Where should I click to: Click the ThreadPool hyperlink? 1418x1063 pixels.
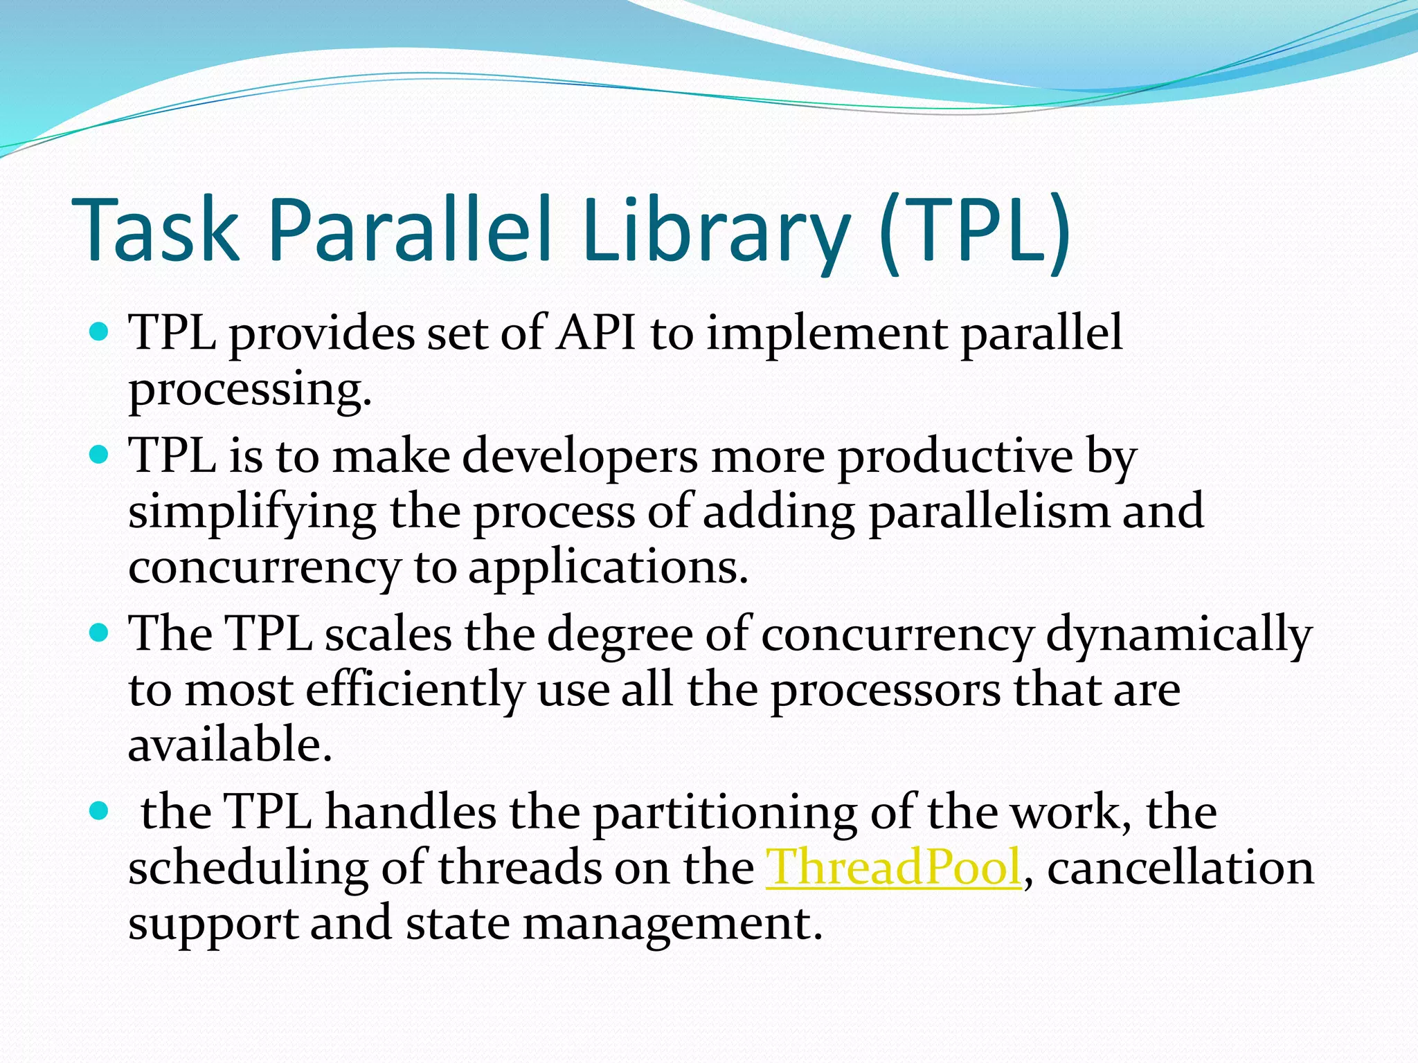coord(893,867)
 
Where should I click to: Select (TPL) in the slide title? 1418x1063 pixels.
coord(975,230)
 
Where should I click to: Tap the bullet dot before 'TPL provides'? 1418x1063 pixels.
coord(100,332)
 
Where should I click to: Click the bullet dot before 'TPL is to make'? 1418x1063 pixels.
coord(100,455)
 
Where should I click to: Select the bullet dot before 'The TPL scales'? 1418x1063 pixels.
coord(100,633)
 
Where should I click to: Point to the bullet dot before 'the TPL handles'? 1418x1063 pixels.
coord(100,810)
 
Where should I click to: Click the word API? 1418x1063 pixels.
coord(595,333)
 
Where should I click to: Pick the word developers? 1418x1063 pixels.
coord(580,457)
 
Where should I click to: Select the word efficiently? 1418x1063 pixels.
coord(415,690)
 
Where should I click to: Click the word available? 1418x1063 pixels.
coord(230,745)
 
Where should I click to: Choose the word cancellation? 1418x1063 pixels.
coord(1181,867)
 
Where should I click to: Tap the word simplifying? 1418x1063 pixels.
coord(252,513)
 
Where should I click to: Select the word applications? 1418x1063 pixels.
coord(608,568)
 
